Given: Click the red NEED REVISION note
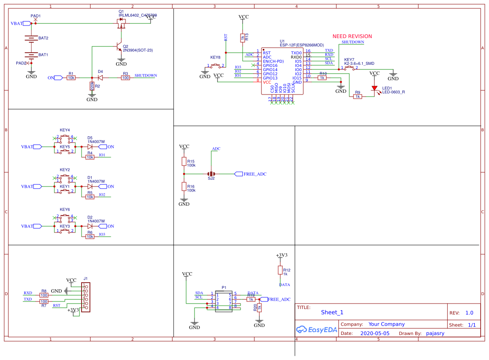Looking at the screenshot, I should [x=352, y=36].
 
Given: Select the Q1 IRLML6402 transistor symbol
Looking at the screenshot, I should [x=121, y=24].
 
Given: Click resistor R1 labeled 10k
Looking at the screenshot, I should [x=71, y=78].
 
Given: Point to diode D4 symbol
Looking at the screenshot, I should [x=100, y=78].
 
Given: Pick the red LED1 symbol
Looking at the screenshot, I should [x=374, y=88].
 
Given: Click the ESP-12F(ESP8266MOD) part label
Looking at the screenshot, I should [x=302, y=45].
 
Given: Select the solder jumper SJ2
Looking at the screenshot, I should [x=211, y=174].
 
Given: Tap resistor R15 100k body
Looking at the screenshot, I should [x=184, y=161].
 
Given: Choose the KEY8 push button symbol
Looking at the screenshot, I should [x=216, y=65].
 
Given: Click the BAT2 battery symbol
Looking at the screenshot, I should [x=31, y=38].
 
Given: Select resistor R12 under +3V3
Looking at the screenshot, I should [x=280, y=270].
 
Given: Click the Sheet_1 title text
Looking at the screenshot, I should [x=332, y=312].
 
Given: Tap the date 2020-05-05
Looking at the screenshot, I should [x=374, y=334].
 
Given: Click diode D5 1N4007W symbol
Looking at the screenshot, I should [x=90, y=147].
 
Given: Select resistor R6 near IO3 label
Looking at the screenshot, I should [x=90, y=237].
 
